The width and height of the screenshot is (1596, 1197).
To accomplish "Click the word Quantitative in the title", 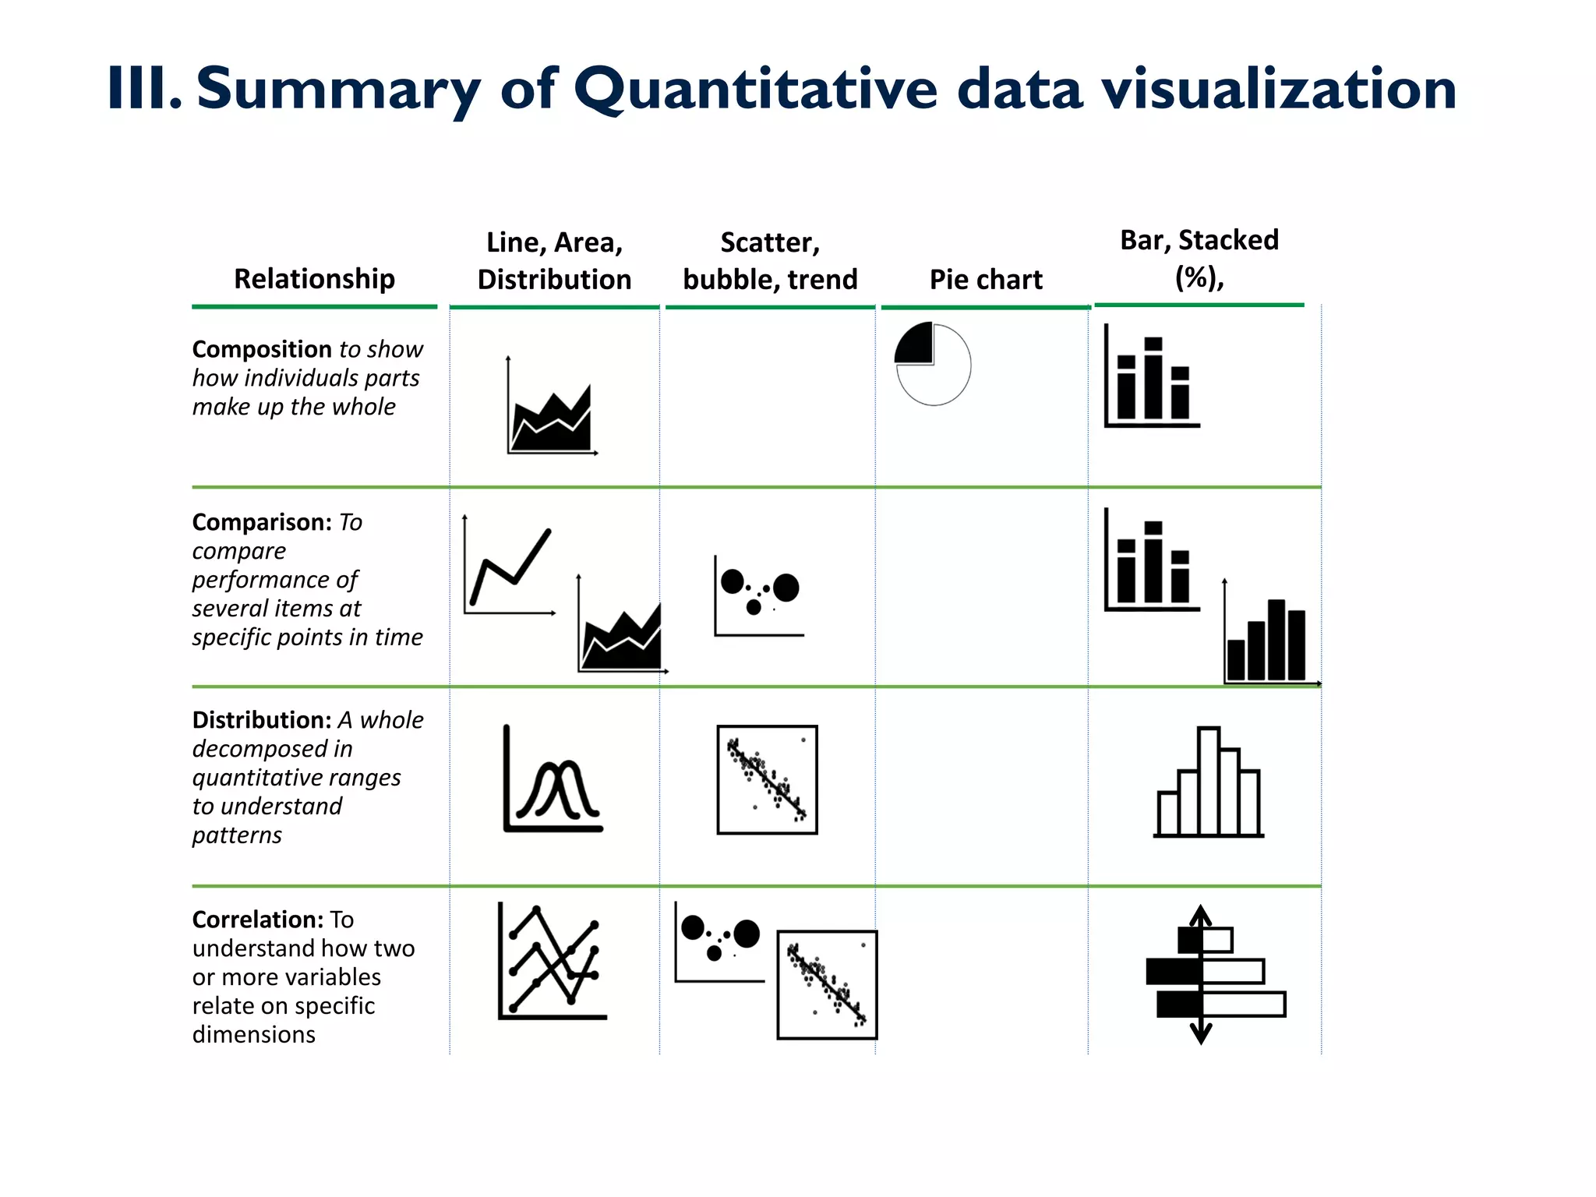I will (754, 90).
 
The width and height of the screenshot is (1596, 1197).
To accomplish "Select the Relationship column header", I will (314, 278).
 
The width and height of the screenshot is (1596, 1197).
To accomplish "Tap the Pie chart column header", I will (986, 279).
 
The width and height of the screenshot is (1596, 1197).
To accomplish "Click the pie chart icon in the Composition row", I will (933, 364).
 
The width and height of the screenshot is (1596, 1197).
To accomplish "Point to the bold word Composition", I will (263, 349).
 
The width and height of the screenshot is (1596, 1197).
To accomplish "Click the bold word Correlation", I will (257, 920).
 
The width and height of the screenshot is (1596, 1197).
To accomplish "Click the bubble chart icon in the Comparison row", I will (758, 595).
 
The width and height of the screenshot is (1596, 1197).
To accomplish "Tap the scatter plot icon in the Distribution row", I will (768, 780).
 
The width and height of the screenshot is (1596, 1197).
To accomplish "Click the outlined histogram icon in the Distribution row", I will (1209, 782).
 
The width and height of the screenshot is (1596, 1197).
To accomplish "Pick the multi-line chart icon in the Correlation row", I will (552, 962).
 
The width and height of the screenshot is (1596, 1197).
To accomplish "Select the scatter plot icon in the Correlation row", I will (828, 985).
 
